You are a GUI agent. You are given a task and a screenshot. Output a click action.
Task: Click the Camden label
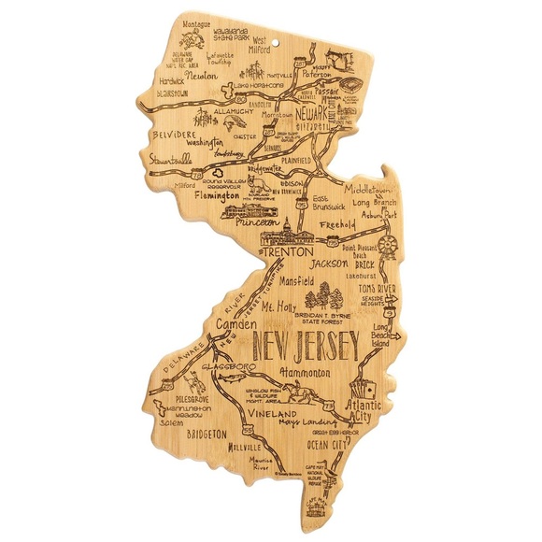pyautogui.click(x=235, y=324)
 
